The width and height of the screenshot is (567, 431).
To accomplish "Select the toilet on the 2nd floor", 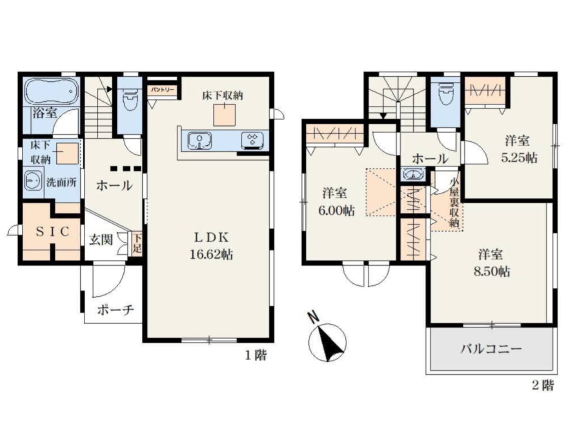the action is [x=445, y=94].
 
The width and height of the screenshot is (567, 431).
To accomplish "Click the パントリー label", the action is [x=162, y=90].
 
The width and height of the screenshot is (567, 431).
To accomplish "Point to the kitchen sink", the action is [x=199, y=140].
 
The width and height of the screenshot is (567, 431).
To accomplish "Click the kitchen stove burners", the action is [x=252, y=140].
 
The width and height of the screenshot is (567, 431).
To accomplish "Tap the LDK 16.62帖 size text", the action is [x=211, y=255].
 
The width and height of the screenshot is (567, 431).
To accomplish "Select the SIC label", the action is [x=52, y=232].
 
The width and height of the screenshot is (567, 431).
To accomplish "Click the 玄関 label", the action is [x=101, y=240].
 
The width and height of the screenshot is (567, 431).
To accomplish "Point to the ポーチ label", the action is [x=116, y=310].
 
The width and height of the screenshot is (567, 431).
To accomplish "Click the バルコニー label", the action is [x=491, y=350].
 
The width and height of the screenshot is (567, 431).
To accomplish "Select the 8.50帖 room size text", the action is [x=491, y=271].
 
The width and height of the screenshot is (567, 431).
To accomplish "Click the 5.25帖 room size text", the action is [x=519, y=158].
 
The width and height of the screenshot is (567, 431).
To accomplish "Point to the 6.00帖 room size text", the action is [x=336, y=211].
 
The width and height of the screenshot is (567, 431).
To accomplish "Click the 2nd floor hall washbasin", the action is [x=413, y=174].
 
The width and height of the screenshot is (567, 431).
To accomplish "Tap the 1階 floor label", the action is [x=256, y=356].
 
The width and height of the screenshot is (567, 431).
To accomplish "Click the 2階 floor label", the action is [x=543, y=392].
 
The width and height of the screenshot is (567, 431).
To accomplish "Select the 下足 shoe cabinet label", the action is [x=137, y=243].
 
